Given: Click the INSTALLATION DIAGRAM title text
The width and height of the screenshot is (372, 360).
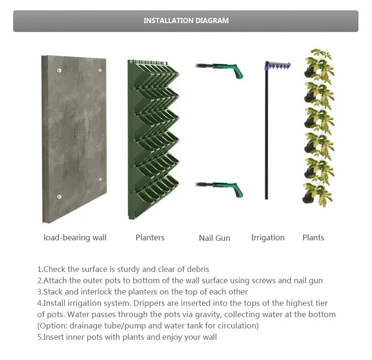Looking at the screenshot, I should (x=186, y=21).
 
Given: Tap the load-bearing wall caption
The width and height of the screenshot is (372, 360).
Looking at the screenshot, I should (x=75, y=237).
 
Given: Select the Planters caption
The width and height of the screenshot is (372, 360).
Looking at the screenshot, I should (x=150, y=237).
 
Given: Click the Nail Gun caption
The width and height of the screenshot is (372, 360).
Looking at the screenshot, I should (x=214, y=238).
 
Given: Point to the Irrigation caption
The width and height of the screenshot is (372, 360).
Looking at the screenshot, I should (x=267, y=237).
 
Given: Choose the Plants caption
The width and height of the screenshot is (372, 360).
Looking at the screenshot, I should (x=313, y=237).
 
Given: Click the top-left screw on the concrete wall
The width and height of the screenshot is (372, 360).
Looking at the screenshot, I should (x=59, y=71).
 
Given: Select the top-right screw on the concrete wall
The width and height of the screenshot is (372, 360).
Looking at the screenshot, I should (x=100, y=70).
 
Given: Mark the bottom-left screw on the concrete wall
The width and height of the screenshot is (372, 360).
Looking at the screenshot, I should (x=59, y=196).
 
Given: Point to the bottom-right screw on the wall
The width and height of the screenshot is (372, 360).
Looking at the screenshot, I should (x=100, y=180).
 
